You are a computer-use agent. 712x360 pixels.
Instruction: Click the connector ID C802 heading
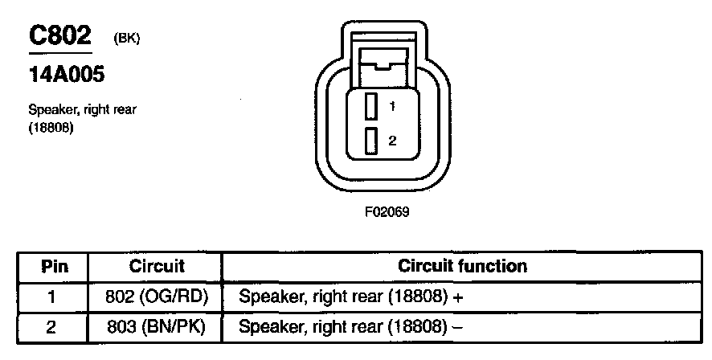pyautogui.click(x=60, y=35)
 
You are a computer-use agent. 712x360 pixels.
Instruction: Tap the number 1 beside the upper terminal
pyautogui.click(x=392, y=106)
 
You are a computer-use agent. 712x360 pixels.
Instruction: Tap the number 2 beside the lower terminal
pyautogui.click(x=392, y=141)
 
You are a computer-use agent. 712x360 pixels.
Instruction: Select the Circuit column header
pyautogui.click(x=157, y=266)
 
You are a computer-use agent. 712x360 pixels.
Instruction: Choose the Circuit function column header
pyautogui.click(x=462, y=266)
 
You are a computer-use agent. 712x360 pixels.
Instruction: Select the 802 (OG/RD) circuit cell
pyautogui.click(x=157, y=297)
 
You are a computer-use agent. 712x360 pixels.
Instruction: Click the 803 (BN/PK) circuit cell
pyautogui.click(x=157, y=327)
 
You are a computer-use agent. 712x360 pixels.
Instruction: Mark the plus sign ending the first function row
pyautogui.click(x=463, y=297)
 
